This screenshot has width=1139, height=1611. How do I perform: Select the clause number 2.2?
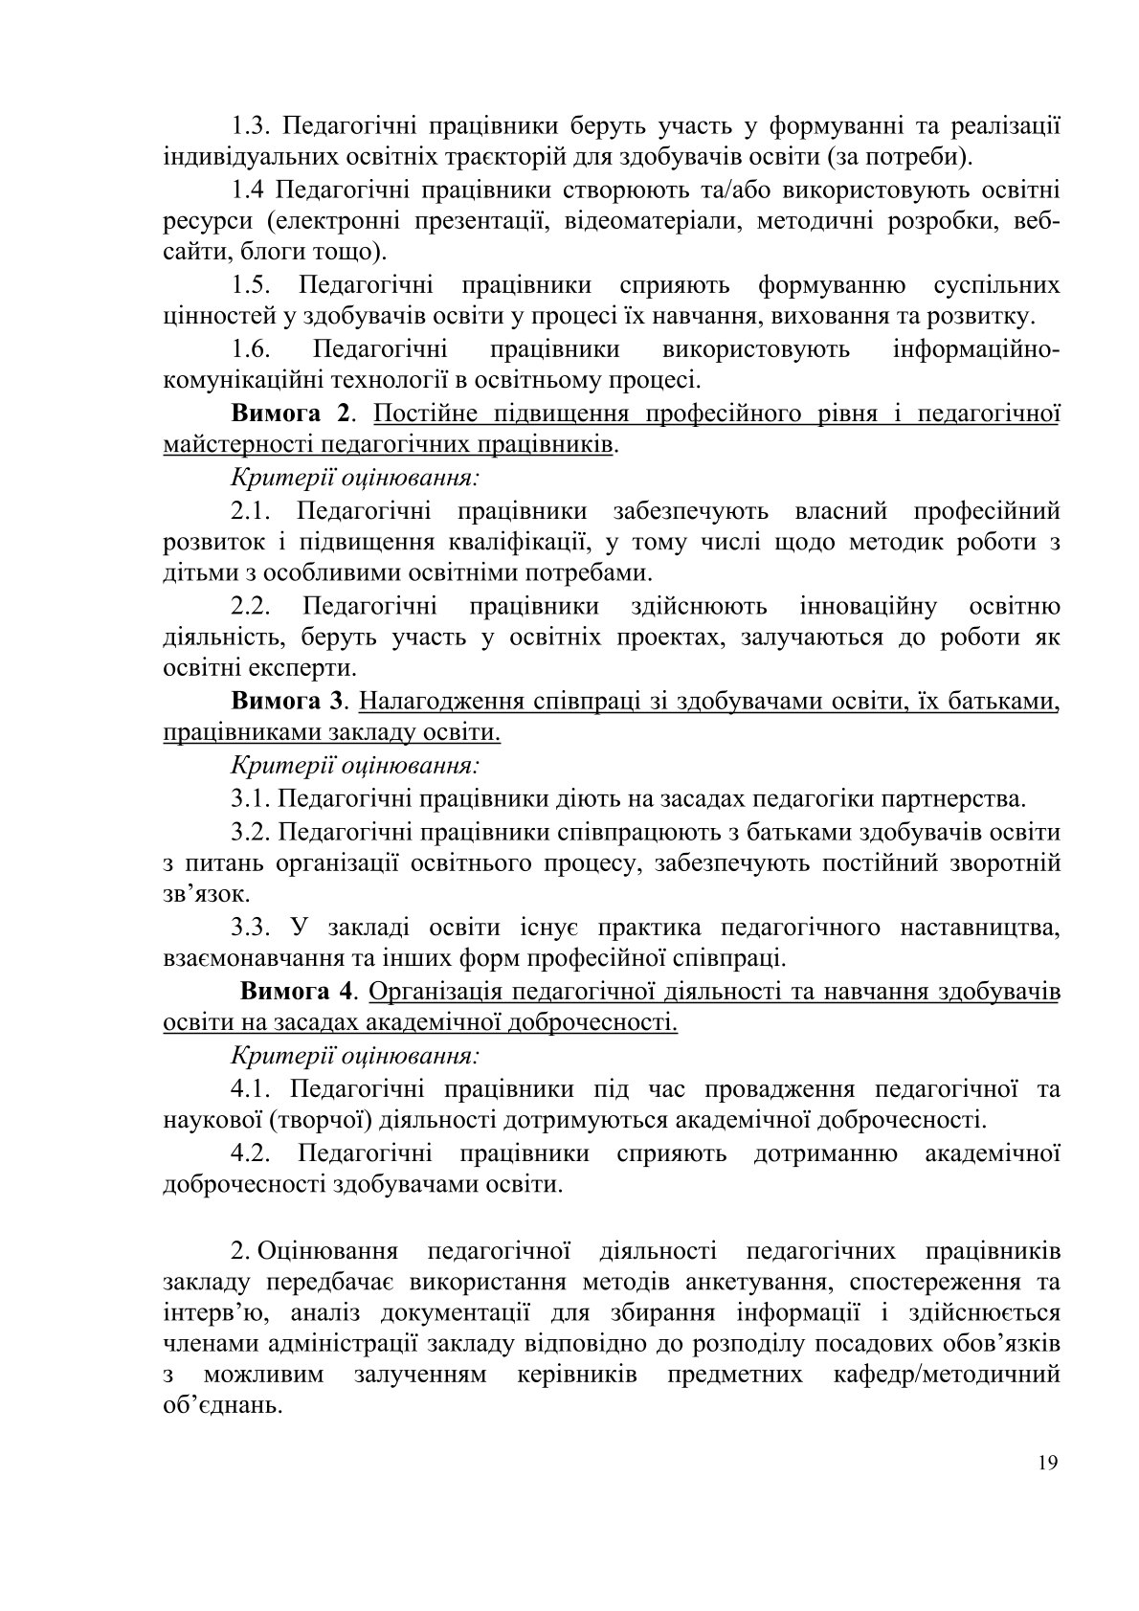coord(254,606)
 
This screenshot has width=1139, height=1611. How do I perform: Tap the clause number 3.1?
coord(251,797)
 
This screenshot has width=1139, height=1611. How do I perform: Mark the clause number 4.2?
coord(254,1152)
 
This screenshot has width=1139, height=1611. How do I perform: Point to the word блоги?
coord(260,253)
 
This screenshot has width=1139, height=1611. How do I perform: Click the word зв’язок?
coord(193,894)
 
